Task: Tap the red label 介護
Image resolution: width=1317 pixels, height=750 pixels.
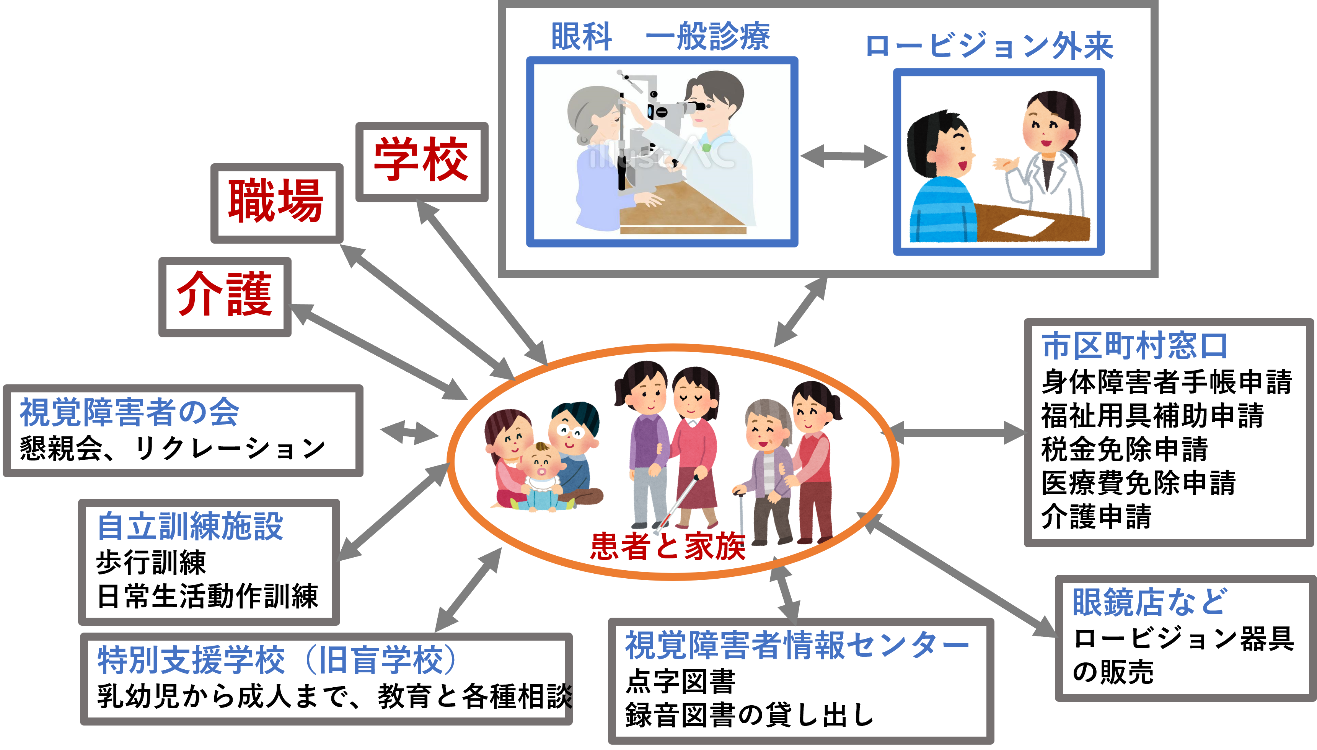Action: click(224, 294)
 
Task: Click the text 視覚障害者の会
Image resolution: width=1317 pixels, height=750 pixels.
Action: click(129, 413)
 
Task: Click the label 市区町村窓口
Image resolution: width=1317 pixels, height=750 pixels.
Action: click(1134, 346)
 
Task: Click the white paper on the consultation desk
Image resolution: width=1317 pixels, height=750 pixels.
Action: click(1023, 226)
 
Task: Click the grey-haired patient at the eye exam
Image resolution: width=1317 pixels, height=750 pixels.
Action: click(598, 155)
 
